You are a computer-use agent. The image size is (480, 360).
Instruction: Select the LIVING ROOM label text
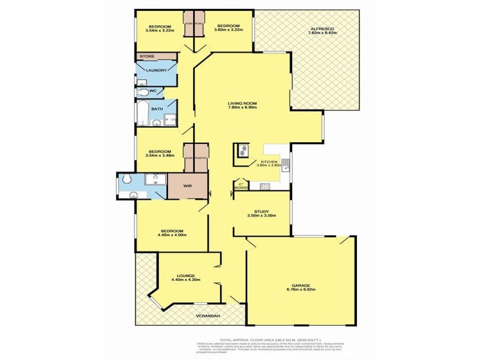242,103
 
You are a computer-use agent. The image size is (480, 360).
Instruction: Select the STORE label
147,56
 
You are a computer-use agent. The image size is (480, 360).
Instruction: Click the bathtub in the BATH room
142,112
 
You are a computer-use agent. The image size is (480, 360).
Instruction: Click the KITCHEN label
268,162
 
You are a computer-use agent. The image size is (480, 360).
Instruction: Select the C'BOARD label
241,187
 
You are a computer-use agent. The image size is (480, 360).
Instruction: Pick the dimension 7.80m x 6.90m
242,108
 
